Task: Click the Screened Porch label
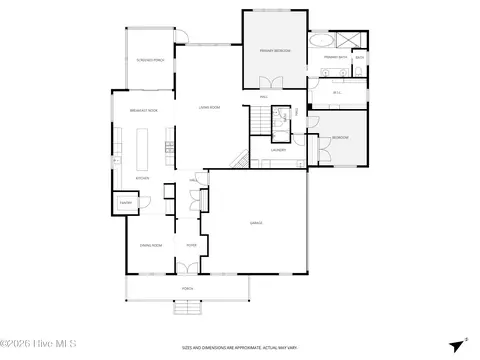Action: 150,60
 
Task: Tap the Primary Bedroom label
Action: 275,49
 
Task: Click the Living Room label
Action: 209,104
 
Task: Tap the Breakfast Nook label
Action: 145,110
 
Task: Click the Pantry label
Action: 127,201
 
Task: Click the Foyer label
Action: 190,243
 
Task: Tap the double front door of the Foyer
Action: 189,269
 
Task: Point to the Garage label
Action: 256,222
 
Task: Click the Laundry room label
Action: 277,150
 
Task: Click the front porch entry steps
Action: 186,299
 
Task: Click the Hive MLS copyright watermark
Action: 40,346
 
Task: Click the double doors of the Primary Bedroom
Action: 266,82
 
